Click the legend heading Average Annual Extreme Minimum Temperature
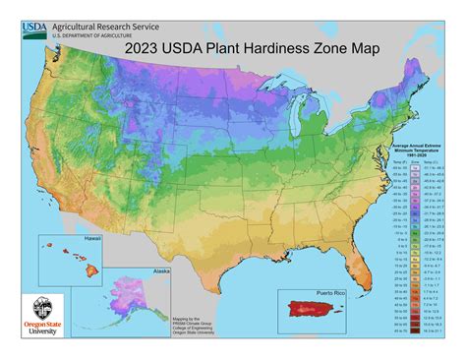click(405, 150)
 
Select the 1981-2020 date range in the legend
click(405, 160)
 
